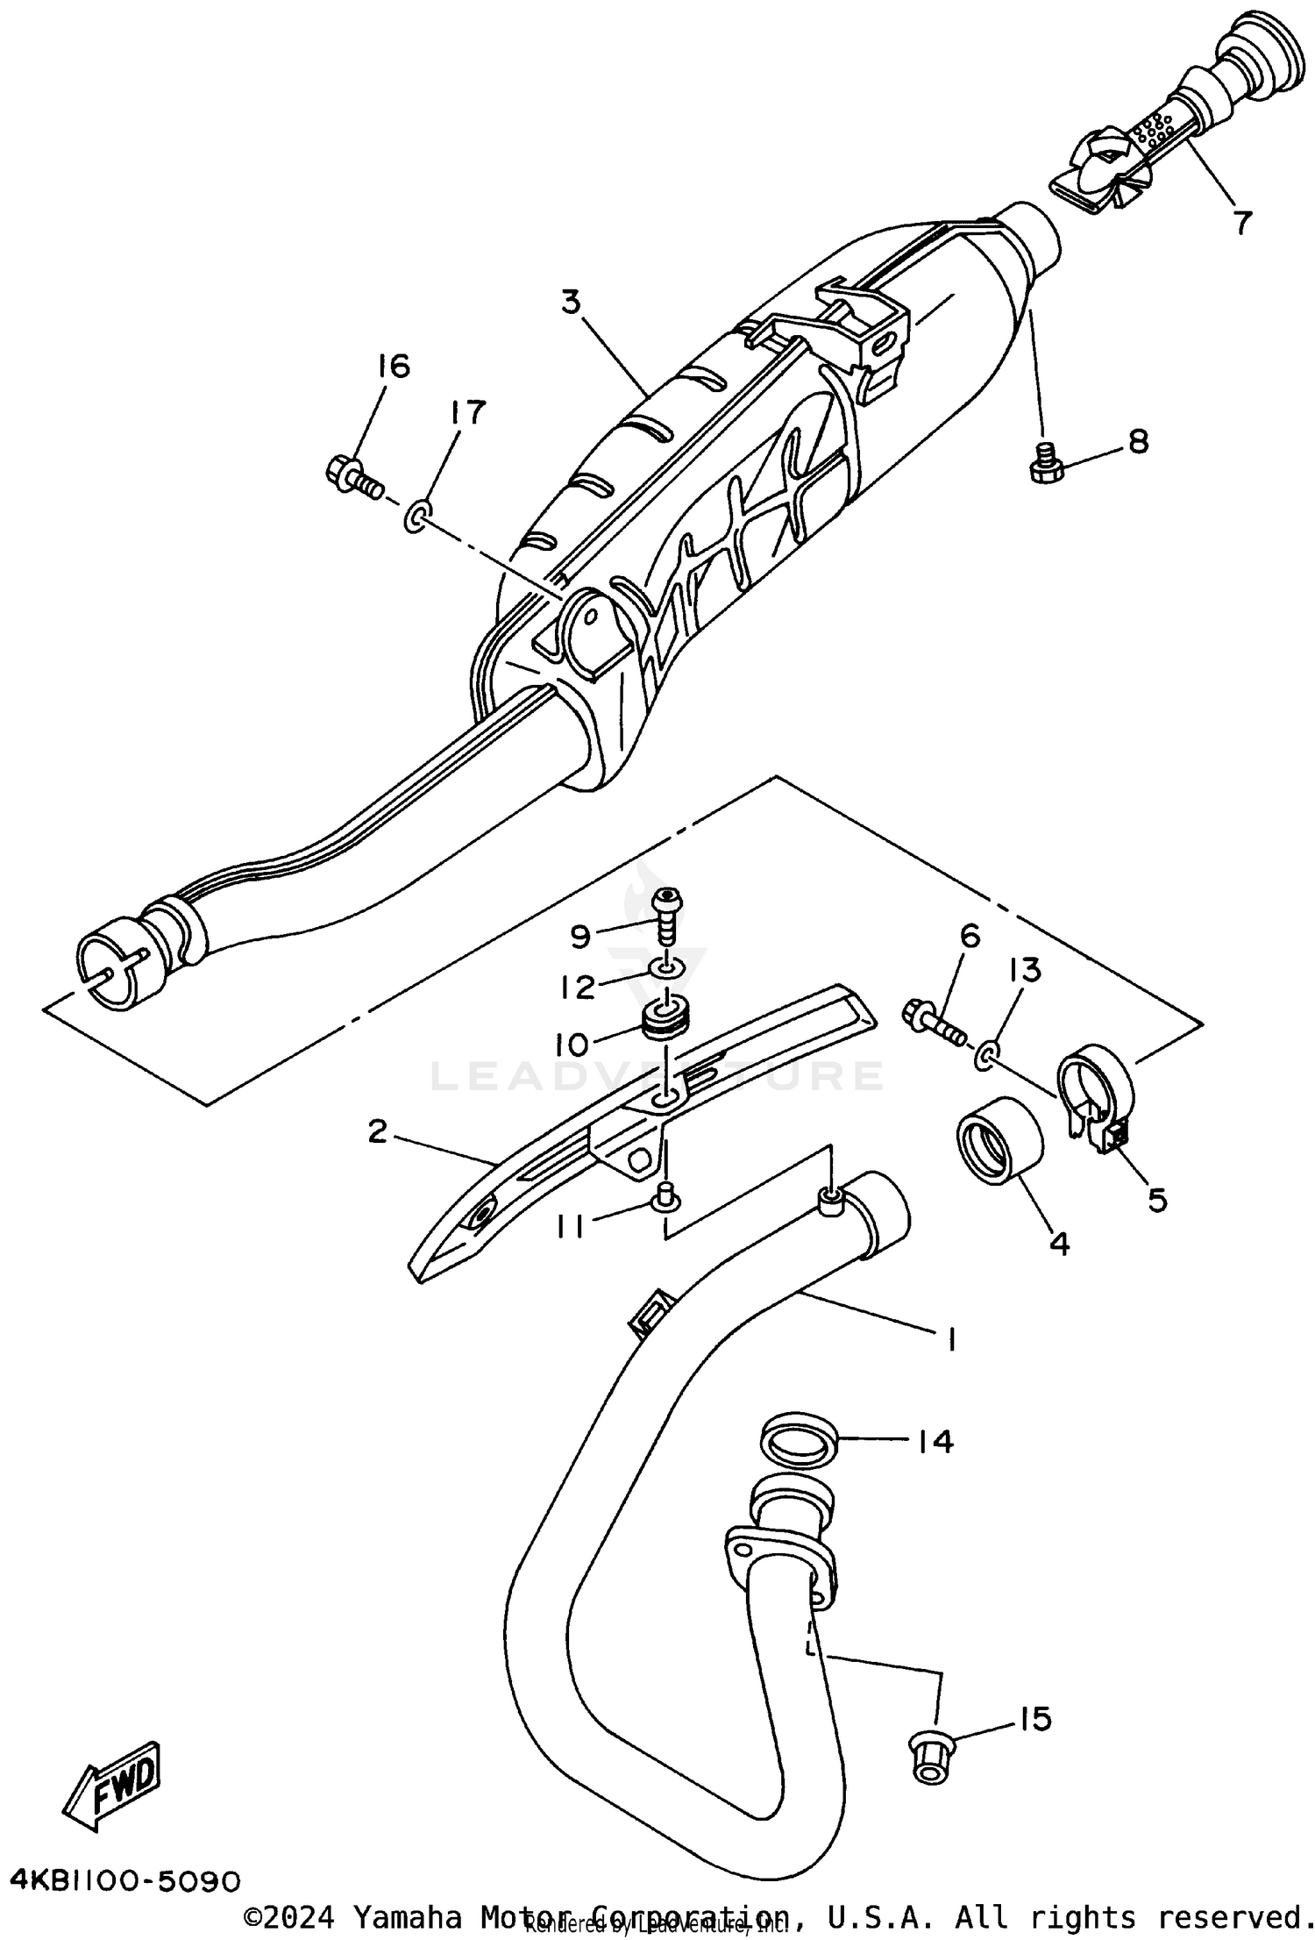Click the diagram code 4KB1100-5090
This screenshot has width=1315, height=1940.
(124, 1880)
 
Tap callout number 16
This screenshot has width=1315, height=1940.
(394, 366)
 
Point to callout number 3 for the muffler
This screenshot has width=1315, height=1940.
(571, 303)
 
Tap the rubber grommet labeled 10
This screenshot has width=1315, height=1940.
(669, 1021)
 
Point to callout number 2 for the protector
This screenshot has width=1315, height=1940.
(377, 1131)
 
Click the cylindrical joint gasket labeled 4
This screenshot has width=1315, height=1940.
(998, 1140)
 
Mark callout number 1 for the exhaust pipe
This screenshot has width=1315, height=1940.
(950, 1339)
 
